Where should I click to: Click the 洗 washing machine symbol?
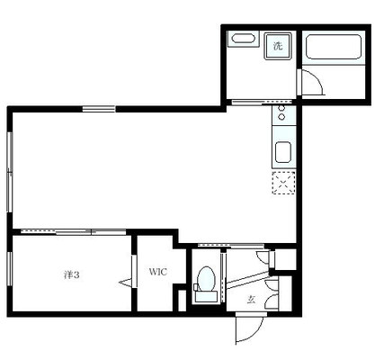pos(278,46)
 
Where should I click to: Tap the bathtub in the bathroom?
pos(333,47)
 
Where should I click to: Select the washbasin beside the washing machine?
pos(244,39)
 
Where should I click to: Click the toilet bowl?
pos(207,278)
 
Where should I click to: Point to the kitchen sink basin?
pos(283,152)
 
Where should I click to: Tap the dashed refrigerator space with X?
pos(283,183)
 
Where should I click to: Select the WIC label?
pos(157,272)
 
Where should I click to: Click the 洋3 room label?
pos(72,274)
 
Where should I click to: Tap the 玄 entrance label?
pos(251,300)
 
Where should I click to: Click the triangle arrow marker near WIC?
pos(125,283)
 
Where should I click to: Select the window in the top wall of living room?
pos(99,109)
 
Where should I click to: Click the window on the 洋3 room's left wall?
pos(10,268)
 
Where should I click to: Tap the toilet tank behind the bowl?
pos(206,296)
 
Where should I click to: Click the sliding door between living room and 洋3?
pos(74,231)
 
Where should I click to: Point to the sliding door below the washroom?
pos(262,102)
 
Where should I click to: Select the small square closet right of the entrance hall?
pos(285,259)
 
